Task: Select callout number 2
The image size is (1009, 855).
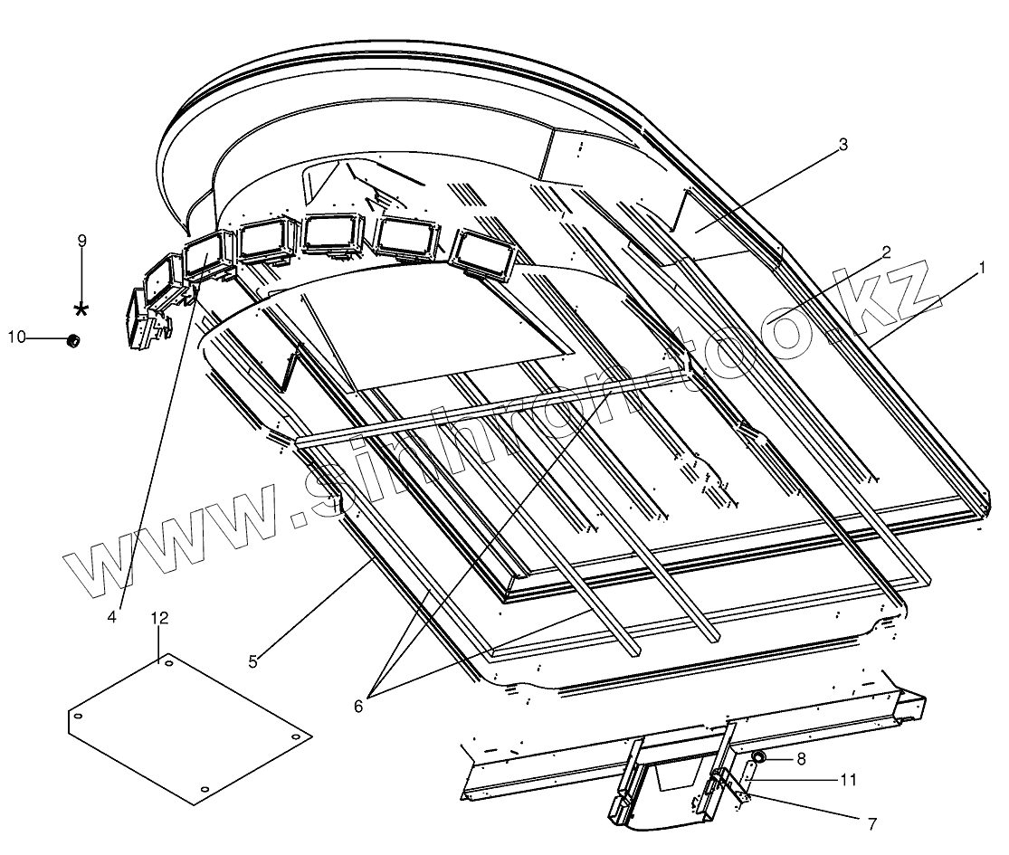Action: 887,252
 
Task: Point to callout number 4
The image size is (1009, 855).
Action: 112,617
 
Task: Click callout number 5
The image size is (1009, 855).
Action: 253,661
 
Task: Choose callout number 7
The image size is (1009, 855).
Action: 871,824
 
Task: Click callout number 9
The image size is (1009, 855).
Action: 82,241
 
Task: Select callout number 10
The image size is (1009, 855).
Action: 16,338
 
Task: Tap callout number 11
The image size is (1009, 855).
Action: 848,778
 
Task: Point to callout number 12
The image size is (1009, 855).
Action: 159,618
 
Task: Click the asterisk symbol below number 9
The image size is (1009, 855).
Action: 81,309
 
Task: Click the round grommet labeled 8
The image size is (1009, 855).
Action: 758,755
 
